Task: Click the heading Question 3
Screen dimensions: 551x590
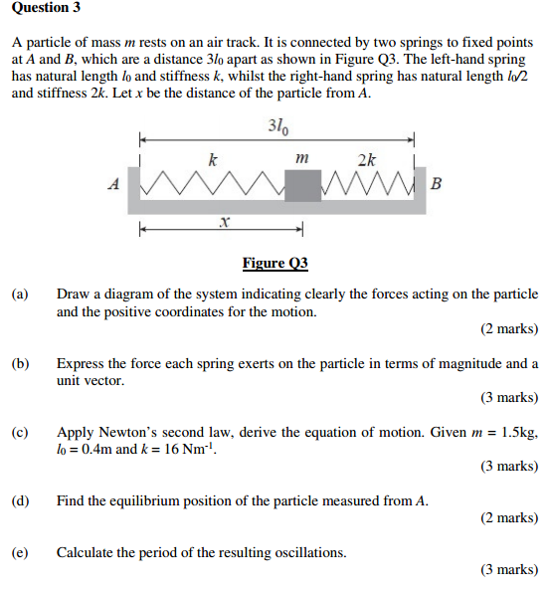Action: tap(46, 8)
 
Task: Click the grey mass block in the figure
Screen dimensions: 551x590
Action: tap(302, 184)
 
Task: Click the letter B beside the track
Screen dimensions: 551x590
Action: tap(437, 184)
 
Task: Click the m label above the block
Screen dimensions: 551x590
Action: tap(303, 157)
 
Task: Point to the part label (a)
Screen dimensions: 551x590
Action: tap(20, 295)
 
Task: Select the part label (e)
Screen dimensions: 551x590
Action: tap(20, 552)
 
